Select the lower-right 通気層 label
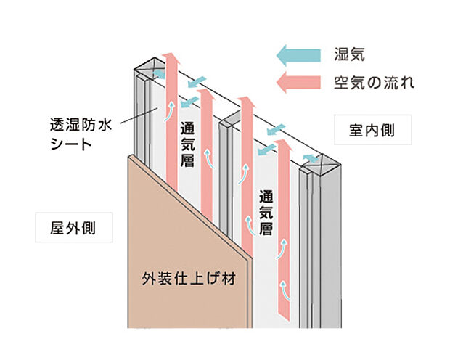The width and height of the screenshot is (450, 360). [x=266, y=210]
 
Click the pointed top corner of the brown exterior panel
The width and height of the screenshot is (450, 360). [x=129, y=155]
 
